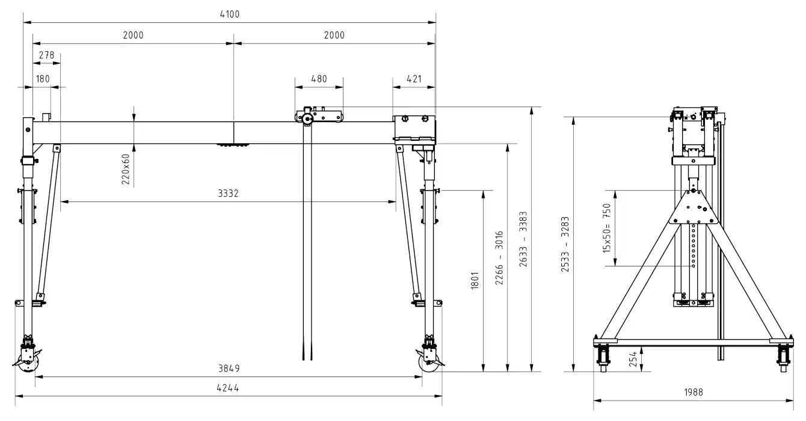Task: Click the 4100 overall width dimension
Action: (x=230, y=14)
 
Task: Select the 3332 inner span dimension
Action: (x=228, y=193)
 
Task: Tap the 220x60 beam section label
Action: (x=125, y=169)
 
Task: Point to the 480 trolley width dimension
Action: (x=319, y=79)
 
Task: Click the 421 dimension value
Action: (x=414, y=79)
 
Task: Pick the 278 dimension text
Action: (x=46, y=55)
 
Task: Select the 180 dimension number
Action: (x=43, y=79)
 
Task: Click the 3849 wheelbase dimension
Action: (x=229, y=368)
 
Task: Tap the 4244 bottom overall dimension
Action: (x=228, y=387)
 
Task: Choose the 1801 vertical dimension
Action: (x=475, y=281)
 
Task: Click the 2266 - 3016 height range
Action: (x=499, y=258)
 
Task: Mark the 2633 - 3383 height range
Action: (x=523, y=239)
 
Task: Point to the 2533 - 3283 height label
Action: (x=565, y=244)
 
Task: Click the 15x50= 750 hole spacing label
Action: (x=607, y=228)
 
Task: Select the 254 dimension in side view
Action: (x=633, y=359)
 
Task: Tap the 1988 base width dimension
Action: (x=693, y=392)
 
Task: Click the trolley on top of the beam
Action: (x=319, y=115)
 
